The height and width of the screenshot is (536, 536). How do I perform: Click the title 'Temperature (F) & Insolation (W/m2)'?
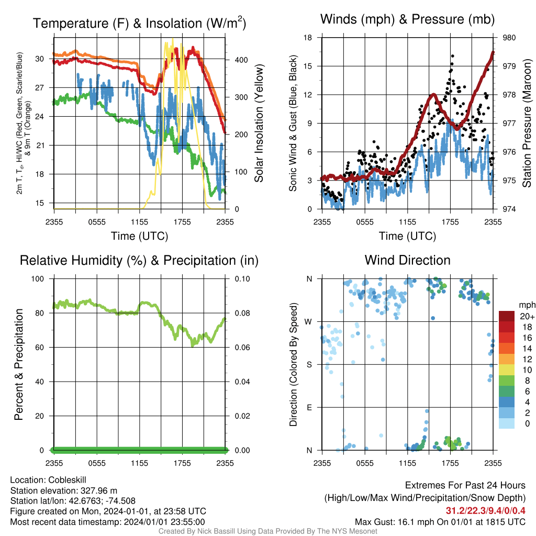click(139, 23)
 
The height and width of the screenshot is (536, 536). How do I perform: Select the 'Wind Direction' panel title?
click(407, 260)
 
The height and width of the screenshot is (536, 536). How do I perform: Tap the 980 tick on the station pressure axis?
click(509, 38)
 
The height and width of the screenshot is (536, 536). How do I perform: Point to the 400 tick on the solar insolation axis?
click(241, 60)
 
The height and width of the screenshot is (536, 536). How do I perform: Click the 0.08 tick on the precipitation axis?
click(242, 313)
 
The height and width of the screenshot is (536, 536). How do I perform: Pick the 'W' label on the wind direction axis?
click(308, 322)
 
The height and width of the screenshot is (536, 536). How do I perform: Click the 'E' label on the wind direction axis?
click(309, 407)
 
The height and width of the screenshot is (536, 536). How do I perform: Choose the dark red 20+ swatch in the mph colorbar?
click(506, 316)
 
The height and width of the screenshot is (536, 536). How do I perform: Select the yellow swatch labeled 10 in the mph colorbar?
click(506, 370)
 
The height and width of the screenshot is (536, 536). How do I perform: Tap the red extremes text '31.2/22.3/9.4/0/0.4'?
click(485, 511)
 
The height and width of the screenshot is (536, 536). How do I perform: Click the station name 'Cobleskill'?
click(67, 480)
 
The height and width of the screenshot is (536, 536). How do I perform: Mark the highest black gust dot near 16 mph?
click(453, 55)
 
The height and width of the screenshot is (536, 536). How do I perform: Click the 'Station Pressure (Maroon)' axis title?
click(527, 123)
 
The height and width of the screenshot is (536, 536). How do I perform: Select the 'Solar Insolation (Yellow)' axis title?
click(259, 123)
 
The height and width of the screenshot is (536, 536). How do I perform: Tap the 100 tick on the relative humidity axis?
click(38, 279)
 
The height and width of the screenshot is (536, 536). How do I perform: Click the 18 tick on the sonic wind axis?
click(308, 38)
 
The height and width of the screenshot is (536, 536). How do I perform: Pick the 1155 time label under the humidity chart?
click(139, 463)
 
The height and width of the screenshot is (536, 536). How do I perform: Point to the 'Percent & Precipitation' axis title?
click(18, 364)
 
